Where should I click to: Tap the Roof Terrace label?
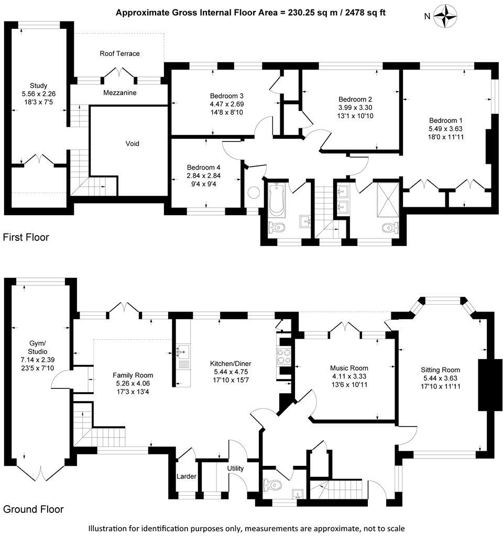[x=120, y=53]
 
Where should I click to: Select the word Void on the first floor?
[x=132, y=143]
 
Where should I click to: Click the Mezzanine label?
[x=119, y=93]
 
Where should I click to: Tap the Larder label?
[x=187, y=476]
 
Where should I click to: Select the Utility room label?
[x=235, y=468]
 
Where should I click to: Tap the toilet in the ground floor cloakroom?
[x=272, y=485]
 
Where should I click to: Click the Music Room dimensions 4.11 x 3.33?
[x=348, y=376]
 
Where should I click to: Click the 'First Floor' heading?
[x=26, y=238]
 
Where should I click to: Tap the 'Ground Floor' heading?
[x=33, y=509]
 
